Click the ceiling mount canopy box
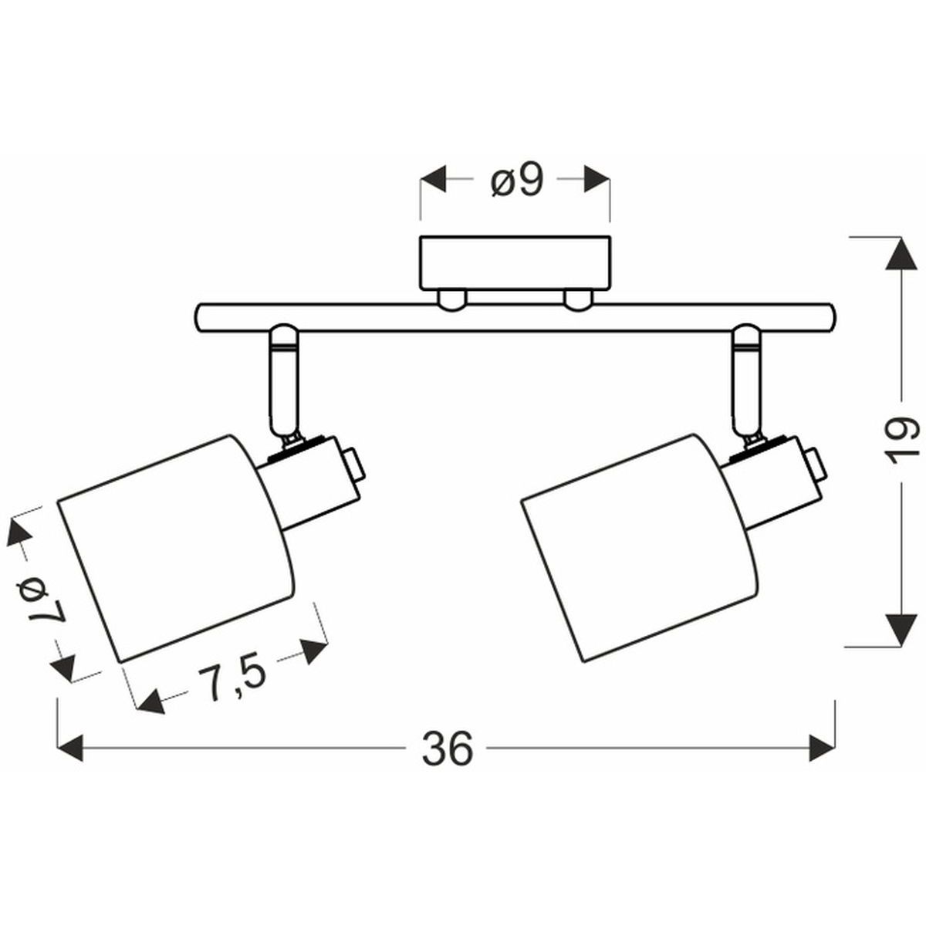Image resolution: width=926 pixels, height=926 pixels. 515,262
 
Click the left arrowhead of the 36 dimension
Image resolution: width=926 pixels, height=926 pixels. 70,747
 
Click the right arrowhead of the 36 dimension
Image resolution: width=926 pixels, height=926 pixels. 823,747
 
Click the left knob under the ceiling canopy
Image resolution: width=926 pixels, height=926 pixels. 451,299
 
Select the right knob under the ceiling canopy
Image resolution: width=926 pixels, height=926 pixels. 578,299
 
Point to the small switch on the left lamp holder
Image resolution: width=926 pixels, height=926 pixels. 353,465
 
